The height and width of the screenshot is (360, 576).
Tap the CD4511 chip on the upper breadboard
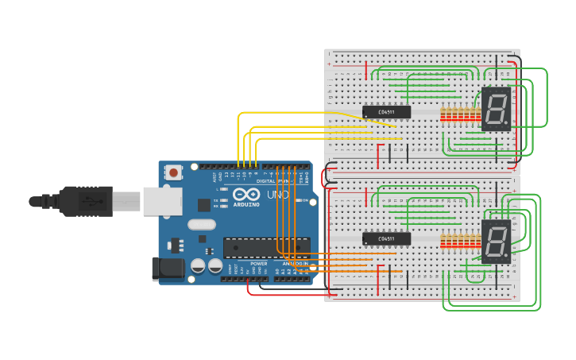tap(386, 112)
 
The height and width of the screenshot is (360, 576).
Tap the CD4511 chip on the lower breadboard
tap(386, 238)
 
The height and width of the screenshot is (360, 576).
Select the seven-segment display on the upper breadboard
tap(496, 109)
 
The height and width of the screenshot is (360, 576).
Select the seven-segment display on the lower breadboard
tap(496, 242)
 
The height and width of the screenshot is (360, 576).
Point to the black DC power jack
tap(168, 269)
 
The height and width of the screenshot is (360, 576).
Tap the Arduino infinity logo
tap(245, 195)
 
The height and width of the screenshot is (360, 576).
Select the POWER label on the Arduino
tap(259, 263)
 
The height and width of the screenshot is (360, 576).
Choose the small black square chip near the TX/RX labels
tap(204, 204)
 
